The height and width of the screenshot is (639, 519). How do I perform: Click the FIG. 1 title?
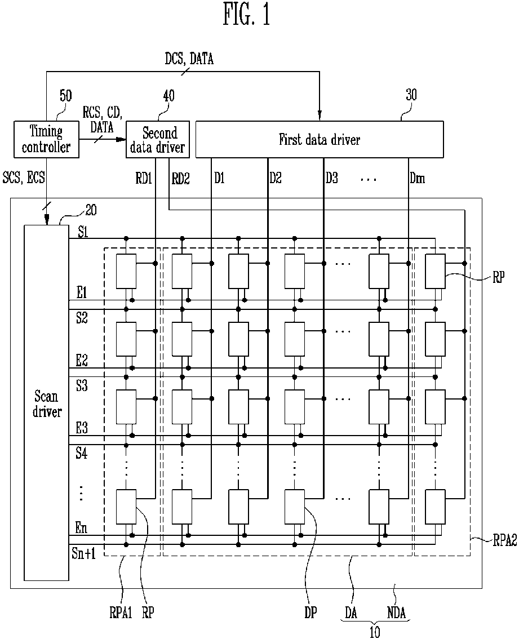click(246, 15)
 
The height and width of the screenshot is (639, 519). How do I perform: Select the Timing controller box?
click(46, 139)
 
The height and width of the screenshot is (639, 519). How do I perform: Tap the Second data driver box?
click(158, 139)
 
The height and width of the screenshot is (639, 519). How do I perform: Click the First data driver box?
click(320, 139)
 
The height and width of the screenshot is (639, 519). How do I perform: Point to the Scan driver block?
click(46, 403)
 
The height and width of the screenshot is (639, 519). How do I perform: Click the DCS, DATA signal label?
click(189, 59)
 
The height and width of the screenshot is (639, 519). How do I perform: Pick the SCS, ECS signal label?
click(24, 177)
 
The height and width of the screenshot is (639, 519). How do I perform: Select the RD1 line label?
click(144, 178)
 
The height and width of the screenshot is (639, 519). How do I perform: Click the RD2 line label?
click(181, 178)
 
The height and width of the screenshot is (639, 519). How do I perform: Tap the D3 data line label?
click(331, 177)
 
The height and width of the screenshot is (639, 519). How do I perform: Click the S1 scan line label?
click(83, 232)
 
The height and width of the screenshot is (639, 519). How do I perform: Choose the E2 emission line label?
click(82, 360)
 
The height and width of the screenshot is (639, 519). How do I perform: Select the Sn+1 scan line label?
click(83, 553)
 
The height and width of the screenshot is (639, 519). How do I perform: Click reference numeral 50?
click(65, 96)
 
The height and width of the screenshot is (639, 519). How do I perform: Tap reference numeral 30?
click(411, 95)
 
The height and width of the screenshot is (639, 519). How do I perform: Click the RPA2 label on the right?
click(505, 541)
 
